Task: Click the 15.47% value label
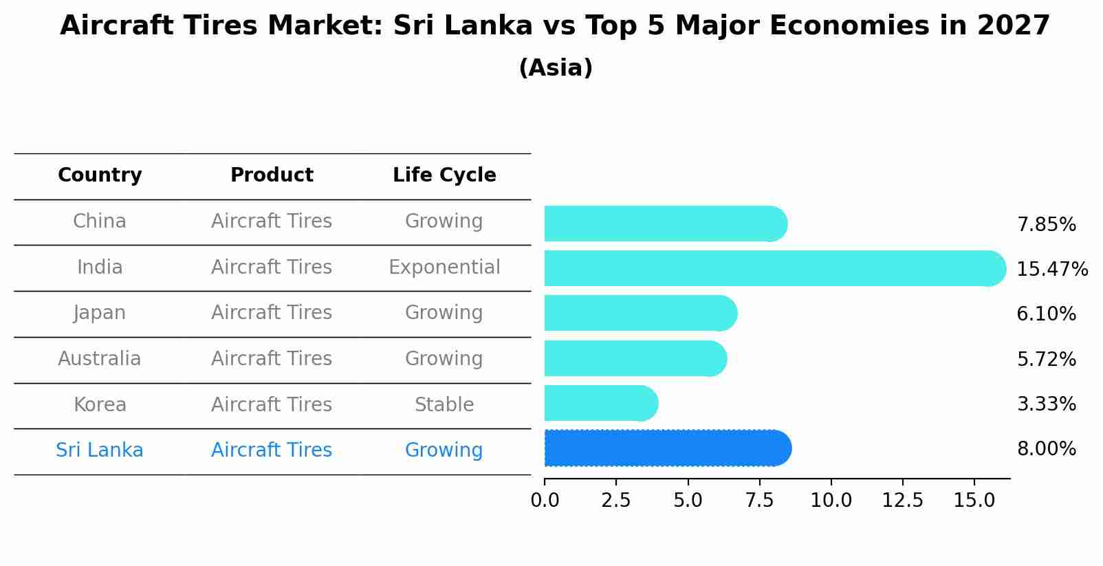pyautogui.click(x=1051, y=270)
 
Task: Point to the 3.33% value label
pyautogui.click(x=1046, y=404)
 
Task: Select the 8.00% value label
pyautogui.click(x=1046, y=449)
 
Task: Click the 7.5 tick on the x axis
pyautogui.click(x=759, y=501)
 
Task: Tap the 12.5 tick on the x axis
pyautogui.click(x=902, y=501)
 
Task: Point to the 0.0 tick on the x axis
pyautogui.click(x=545, y=501)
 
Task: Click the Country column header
pyautogui.click(x=100, y=175)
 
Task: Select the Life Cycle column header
pyautogui.click(x=444, y=175)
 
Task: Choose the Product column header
pyautogui.click(x=272, y=175)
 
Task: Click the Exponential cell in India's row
pyautogui.click(x=444, y=268)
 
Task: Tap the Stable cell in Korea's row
pyautogui.click(x=444, y=405)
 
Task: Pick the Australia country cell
pyautogui.click(x=100, y=359)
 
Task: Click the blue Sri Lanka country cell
pyautogui.click(x=100, y=450)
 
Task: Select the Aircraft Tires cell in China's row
pyautogui.click(x=272, y=221)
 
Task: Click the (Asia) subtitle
pyautogui.click(x=556, y=68)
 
